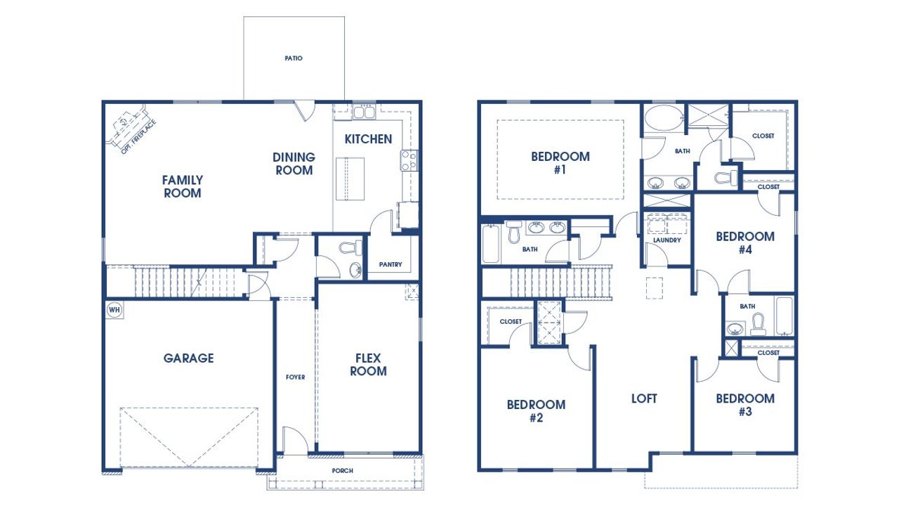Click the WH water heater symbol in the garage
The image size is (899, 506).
114,309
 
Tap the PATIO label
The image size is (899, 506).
294,58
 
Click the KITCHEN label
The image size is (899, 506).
368,139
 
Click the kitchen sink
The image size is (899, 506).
364,112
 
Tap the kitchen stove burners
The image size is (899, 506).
409,161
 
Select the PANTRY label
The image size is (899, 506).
390,265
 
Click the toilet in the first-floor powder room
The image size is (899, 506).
348,247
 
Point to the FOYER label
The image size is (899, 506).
295,377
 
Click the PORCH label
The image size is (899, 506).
343,471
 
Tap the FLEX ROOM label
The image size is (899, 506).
368,365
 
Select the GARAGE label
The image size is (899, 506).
188,358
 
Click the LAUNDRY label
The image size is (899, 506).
667,240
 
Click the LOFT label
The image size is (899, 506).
644,398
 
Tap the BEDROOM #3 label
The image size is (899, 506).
745,405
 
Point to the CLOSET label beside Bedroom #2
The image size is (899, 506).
511,322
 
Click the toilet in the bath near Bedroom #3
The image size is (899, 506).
758,323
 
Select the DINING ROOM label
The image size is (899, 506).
294,164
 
